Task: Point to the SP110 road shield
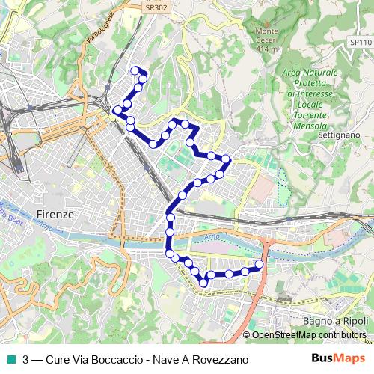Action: point(360,43)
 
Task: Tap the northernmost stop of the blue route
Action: point(135,70)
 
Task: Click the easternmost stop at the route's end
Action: point(260,264)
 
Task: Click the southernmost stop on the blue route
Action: point(203,282)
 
